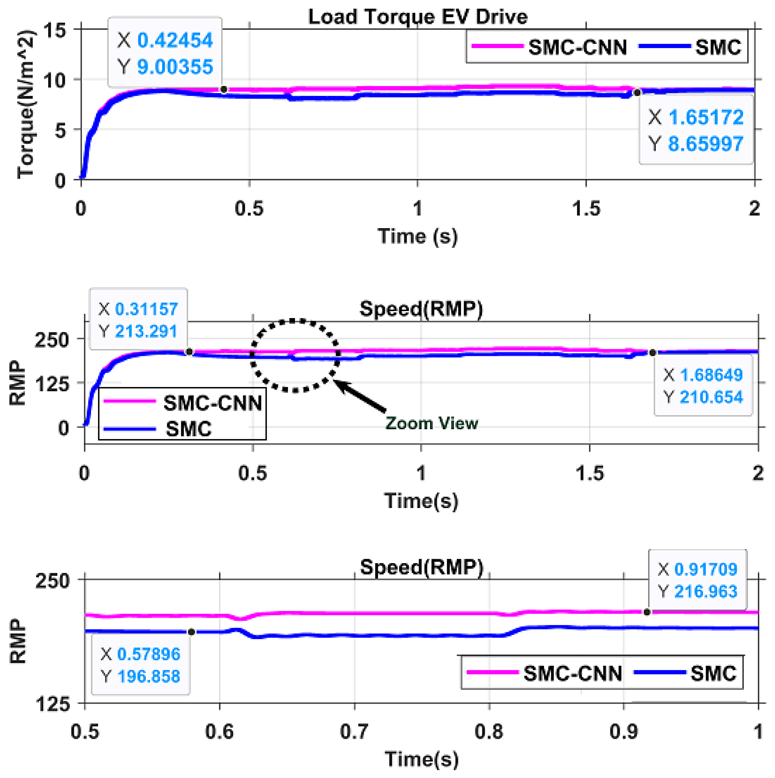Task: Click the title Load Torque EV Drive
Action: [418, 17]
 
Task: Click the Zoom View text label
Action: [432, 423]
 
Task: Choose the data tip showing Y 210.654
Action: [703, 386]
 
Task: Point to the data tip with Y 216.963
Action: [697, 580]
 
